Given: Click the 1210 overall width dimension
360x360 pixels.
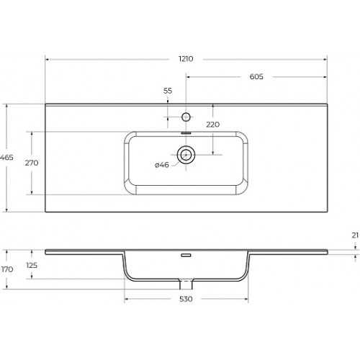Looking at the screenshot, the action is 186,59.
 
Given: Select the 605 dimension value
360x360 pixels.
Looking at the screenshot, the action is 256,76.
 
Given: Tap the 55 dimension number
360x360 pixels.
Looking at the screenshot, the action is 168,91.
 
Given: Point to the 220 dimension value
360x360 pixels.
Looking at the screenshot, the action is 212,125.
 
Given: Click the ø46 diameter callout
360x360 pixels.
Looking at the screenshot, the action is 162,165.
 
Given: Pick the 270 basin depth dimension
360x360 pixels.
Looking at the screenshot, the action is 32,163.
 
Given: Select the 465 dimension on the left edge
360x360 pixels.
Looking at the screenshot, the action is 6,158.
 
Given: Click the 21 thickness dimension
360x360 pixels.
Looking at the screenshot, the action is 355,235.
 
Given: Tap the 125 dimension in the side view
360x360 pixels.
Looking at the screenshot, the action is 32,265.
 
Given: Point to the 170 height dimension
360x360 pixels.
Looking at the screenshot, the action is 7,269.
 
